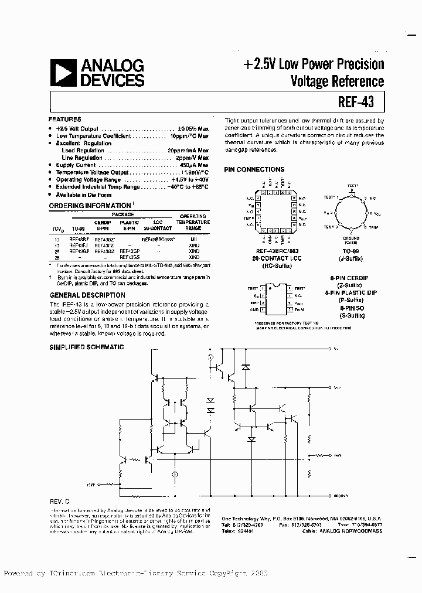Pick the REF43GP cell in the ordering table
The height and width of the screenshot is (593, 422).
tap(129, 251)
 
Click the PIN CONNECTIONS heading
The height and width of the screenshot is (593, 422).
tap(254, 169)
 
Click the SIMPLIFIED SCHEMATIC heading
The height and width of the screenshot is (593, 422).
tap(86, 347)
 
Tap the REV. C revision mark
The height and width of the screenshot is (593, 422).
tap(59, 503)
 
